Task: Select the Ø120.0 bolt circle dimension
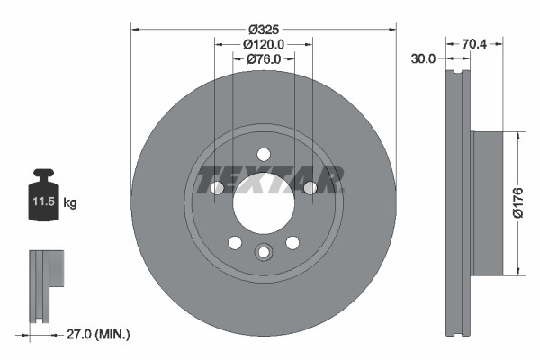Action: pos(264,43)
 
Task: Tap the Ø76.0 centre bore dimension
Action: pos(264,58)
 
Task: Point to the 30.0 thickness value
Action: pos(423,58)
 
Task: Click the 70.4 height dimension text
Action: pos(474,41)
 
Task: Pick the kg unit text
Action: pos(69,203)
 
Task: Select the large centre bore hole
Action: pos(263,200)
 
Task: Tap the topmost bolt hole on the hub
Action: pos(263,153)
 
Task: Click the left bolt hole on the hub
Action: pos(217,187)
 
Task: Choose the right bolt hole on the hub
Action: pos(310,187)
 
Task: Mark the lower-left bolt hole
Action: pos(235,242)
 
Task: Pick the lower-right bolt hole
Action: pos(292,242)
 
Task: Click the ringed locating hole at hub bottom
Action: pos(263,252)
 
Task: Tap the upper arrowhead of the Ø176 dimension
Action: pos(519,135)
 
